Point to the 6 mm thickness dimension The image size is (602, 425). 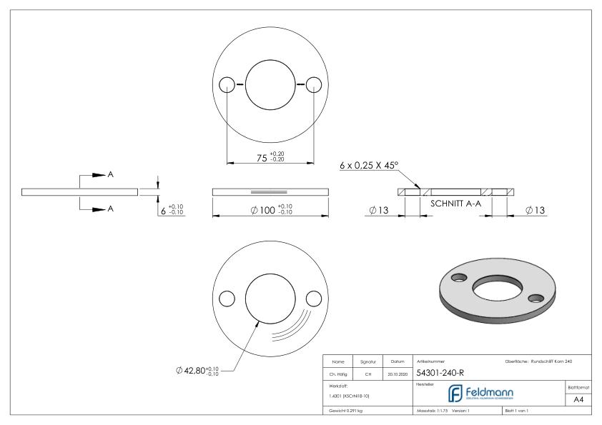tap(172, 210)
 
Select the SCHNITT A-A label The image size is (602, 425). tap(454, 203)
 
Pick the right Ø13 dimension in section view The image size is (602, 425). tap(537, 211)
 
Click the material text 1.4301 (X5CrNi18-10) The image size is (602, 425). tap(350, 395)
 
